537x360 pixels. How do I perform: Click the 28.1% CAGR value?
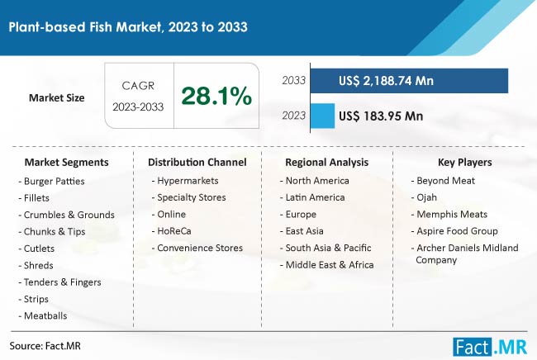(x=217, y=97)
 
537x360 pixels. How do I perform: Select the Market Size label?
(x=57, y=97)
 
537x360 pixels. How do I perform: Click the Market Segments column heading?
(x=66, y=162)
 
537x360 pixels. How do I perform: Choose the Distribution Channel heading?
(x=193, y=162)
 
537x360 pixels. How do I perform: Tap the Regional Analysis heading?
(x=327, y=162)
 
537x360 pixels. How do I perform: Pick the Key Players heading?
(x=463, y=162)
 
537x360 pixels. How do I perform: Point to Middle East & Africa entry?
(x=328, y=265)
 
